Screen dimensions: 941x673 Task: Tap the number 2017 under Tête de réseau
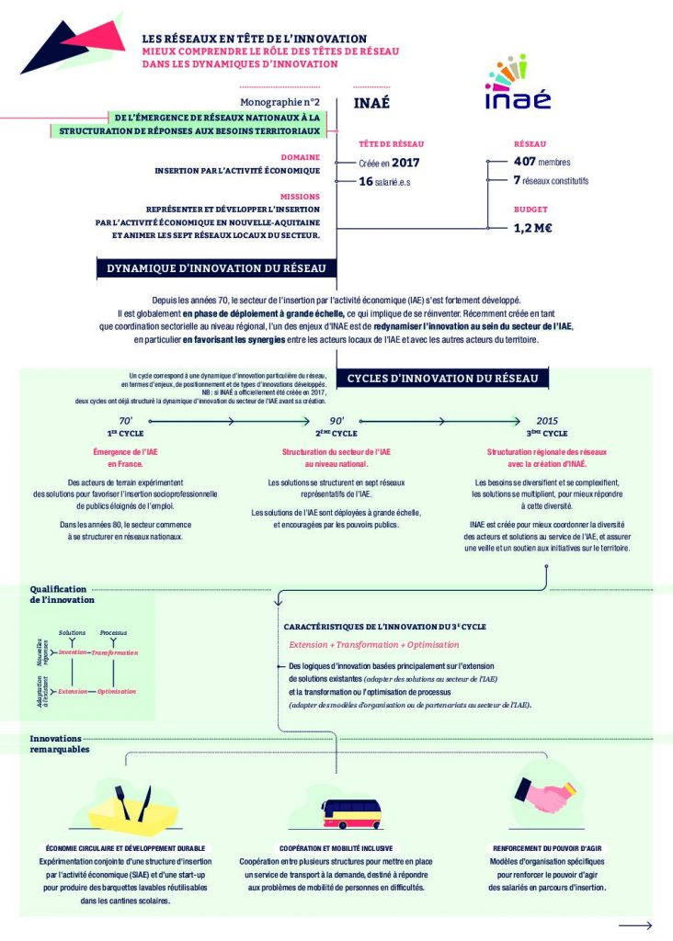point(405,163)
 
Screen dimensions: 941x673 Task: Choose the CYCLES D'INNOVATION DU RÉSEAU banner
point(448,379)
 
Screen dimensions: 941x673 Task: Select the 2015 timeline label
point(547,420)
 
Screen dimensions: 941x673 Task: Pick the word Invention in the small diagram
point(73,652)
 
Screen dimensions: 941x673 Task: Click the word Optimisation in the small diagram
point(117,691)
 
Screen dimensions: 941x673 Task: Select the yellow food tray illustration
point(124,806)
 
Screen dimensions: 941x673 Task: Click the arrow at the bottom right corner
point(635,925)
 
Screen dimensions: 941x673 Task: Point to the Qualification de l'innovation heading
point(62,594)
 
